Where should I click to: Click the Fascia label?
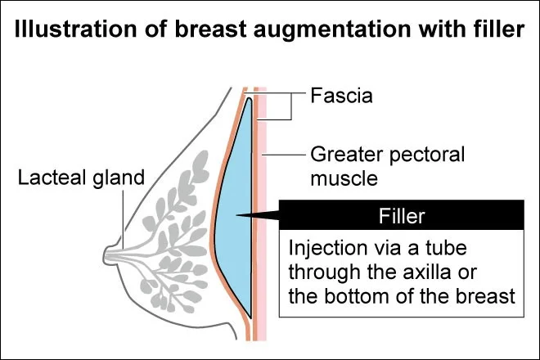[x=341, y=96]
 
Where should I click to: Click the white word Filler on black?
[x=402, y=216]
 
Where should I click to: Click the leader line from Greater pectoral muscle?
[x=284, y=154]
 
